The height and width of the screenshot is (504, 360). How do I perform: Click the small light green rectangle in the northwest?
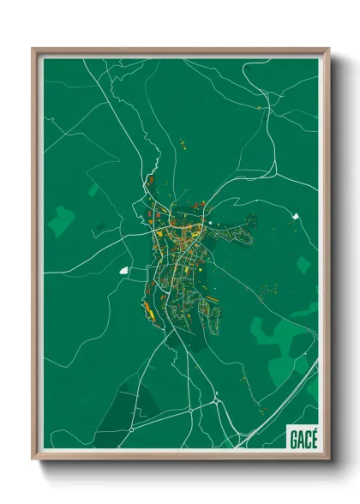93,188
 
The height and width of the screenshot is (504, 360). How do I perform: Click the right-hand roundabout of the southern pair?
219,400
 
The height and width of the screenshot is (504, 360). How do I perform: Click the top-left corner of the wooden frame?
33,49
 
